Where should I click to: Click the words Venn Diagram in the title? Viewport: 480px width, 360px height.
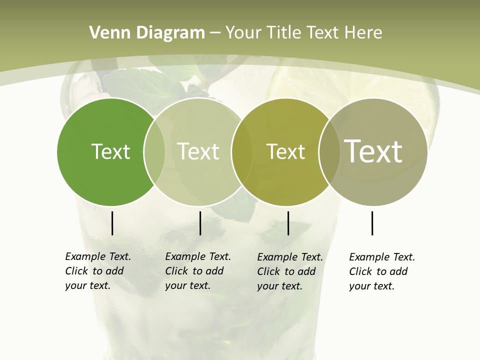(x=147, y=32)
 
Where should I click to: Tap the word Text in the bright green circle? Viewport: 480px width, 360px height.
(x=110, y=151)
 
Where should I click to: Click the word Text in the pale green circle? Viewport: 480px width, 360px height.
(x=198, y=151)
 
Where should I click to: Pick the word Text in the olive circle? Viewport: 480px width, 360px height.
(x=285, y=151)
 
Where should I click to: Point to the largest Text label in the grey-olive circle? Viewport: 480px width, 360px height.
(x=373, y=151)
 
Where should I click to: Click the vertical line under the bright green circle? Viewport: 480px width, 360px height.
(x=112, y=223)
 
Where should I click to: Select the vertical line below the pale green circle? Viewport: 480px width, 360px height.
(x=200, y=223)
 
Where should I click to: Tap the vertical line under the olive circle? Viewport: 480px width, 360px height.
(x=288, y=223)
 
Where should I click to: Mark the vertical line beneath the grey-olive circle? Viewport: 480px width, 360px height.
(x=372, y=223)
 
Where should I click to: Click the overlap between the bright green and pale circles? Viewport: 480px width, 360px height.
(x=154, y=151)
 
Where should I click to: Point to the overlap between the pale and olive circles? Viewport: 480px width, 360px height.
(x=241, y=151)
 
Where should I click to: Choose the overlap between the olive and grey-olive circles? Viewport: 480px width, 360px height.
(x=329, y=151)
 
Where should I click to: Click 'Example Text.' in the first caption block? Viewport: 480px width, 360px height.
(x=98, y=256)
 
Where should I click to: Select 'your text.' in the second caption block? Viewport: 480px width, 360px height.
(x=187, y=285)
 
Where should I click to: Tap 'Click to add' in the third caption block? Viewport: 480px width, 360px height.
(x=286, y=271)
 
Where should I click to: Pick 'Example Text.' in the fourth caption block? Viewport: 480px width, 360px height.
(x=382, y=257)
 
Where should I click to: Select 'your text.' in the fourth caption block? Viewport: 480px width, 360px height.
(x=371, y=286)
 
